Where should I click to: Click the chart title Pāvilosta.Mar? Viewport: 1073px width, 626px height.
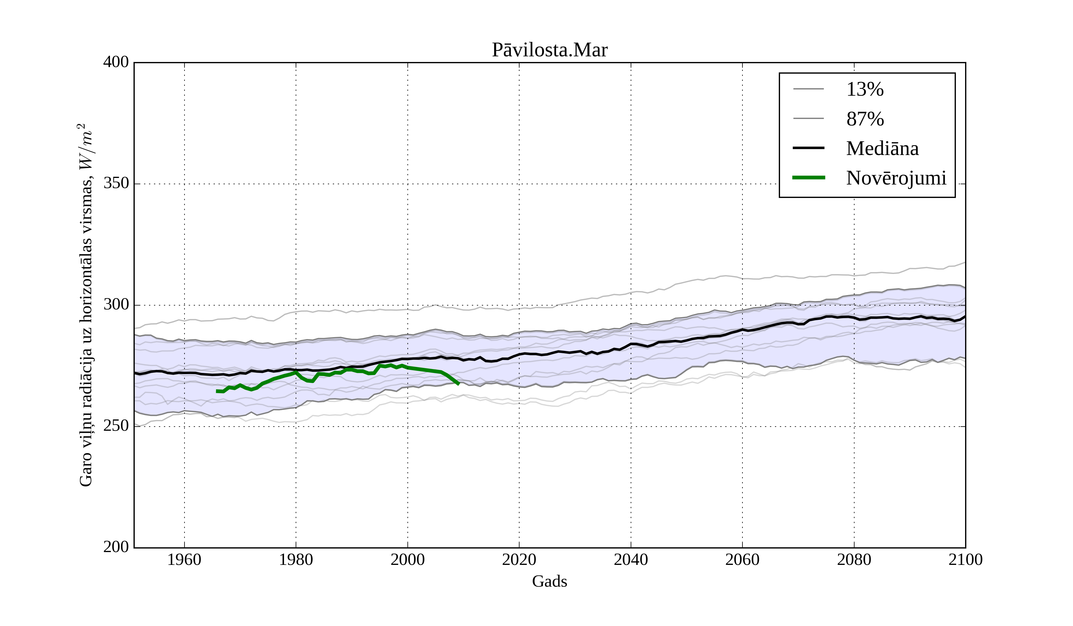(549, 50)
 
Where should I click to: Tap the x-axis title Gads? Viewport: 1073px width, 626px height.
(549, 581)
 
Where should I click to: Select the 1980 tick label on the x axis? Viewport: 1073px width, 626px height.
(296, 560)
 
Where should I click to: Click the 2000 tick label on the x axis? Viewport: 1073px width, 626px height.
(407, 560)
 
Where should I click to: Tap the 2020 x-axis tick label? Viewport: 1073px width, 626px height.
(519, 560)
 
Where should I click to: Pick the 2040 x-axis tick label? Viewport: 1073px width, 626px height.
(631, 560)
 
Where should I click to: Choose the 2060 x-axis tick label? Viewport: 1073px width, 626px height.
(742, 560)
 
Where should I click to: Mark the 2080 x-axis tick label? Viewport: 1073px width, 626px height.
(854, 560)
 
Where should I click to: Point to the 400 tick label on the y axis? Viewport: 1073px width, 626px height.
(116, 62)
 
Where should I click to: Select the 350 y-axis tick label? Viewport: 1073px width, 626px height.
(116, 184)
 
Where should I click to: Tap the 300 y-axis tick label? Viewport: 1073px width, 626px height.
(116, 305)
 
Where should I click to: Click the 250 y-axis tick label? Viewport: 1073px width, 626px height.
(116, 426)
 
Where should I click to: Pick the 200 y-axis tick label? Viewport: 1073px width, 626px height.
(116, 547)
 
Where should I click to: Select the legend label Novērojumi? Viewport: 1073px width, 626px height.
(896, 178)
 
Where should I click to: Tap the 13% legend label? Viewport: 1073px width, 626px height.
(865, 89)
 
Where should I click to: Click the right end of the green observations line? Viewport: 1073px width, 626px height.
(459, 384)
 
